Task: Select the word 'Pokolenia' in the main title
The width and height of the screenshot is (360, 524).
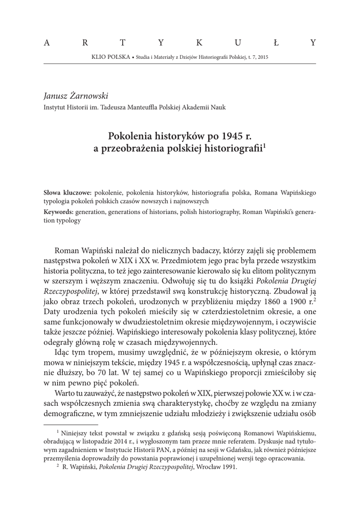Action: coord(130,137)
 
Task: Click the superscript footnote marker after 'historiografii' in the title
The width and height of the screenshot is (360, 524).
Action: coord(264,146)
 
